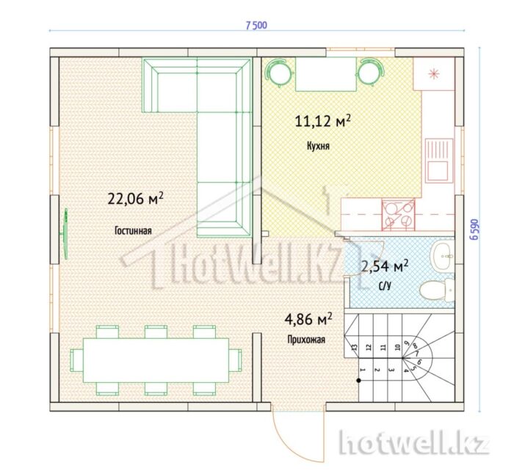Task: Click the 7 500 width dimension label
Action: click(256, 25)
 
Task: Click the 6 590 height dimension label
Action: click(476, 230)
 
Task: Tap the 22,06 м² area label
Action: click(135, 198)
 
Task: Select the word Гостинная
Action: click(133, 231)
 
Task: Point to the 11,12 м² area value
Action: click(323, 121)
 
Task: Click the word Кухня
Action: click(318, 146)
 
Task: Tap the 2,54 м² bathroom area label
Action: click(385, 266)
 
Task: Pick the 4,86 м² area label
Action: click(308, 319)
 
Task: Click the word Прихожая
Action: click(306, 340)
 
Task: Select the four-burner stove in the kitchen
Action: click(398, 215)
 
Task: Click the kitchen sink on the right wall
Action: click(439, 161)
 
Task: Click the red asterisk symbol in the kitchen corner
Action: click(434, 74)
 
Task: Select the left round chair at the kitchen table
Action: click(278, 73)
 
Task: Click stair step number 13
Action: click(354, 348)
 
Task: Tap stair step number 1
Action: click(363, 370)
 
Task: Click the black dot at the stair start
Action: click(359, 381)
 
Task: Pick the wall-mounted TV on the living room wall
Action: click(65, 234)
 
